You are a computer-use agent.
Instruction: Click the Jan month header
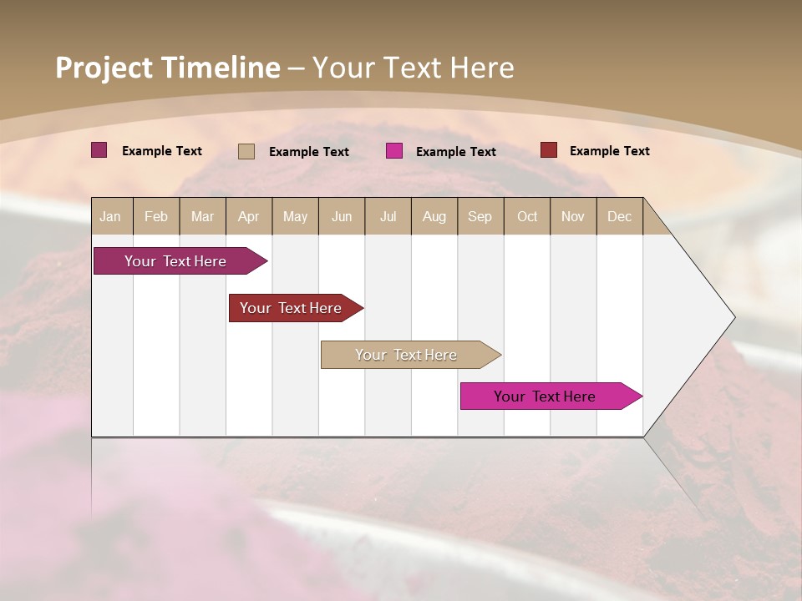click(110, 217)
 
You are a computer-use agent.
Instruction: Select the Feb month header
click(156, 217)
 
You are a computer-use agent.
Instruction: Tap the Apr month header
click(248, 217)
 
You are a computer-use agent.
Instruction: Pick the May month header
click(295, 217)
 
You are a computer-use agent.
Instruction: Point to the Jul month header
click(388, 217)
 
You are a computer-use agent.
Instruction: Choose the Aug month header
click(434, 217)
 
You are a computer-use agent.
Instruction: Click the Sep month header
click(480, 217)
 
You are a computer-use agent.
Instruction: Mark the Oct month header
click(527, 217)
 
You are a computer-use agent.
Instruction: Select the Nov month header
click(572, 217)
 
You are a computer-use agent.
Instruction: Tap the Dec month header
click(619, 217)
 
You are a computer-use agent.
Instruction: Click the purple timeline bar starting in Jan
click(176, 261)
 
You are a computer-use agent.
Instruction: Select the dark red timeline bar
click(292, 308)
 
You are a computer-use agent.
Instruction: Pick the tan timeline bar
click(406, 355)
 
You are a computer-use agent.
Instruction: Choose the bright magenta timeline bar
click(546, 396)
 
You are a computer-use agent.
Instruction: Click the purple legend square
click(99, 150)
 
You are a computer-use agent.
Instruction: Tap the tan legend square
click(246, 151)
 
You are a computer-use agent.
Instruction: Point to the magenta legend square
click(394, 151)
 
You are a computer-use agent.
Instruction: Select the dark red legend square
click(549, 150)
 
